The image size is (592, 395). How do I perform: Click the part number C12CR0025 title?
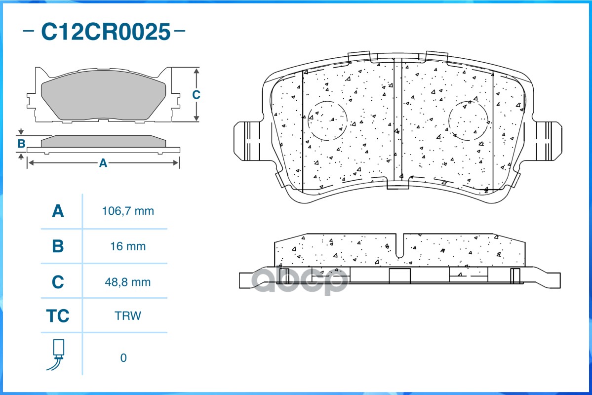[105, 32]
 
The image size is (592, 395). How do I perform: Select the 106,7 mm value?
[128, 211]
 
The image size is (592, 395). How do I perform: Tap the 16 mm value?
[128, 246]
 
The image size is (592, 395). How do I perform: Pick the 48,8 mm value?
[128, 282]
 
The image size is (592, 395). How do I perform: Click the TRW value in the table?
[127, 316]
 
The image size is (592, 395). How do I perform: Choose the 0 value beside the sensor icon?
[123, 357]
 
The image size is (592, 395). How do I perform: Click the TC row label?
[58, 316]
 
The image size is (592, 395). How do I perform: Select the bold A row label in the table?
[58, 211]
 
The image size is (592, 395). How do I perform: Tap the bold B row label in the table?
[58, 246]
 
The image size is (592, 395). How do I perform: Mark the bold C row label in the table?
[58, 282]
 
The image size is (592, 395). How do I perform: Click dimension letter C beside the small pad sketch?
[196, 94]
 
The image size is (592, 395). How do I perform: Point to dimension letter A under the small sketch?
[103, 162]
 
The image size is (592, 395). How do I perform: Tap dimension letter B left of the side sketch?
[21, 144]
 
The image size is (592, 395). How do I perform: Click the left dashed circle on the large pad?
[327, 120]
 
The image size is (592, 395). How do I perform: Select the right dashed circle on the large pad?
[469, 120]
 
